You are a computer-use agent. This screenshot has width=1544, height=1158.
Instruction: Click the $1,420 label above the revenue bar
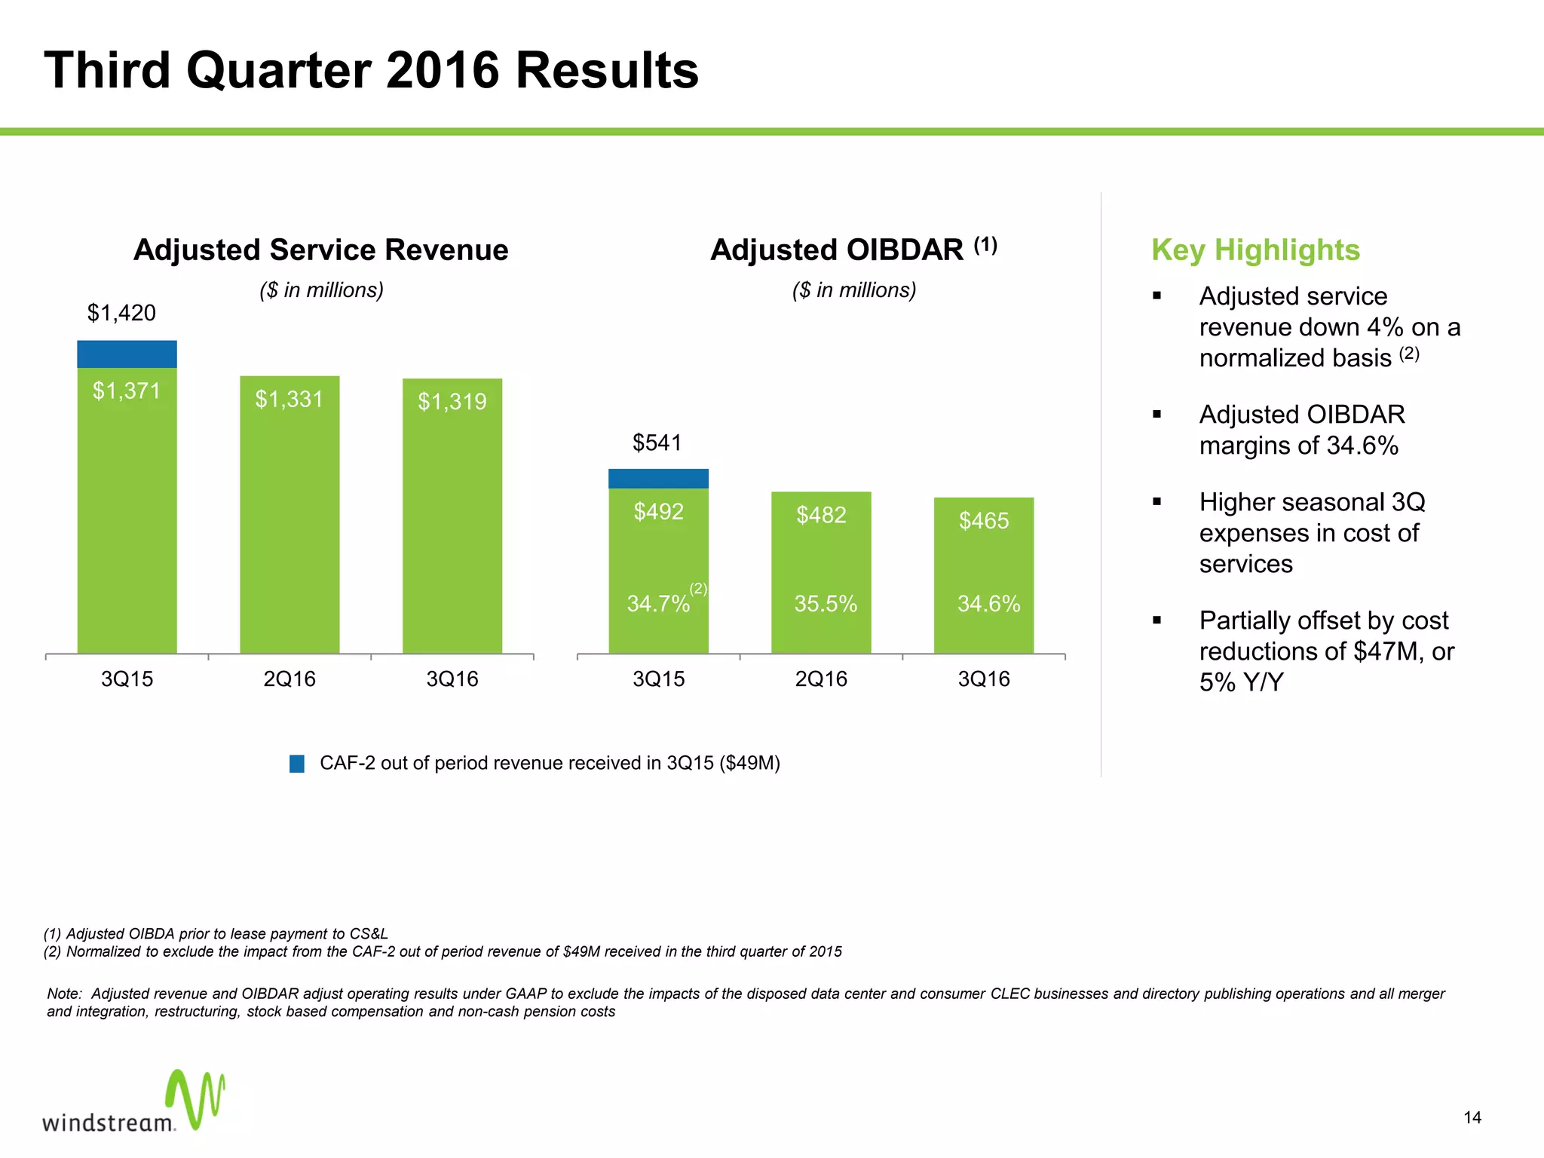(x=121, y=313)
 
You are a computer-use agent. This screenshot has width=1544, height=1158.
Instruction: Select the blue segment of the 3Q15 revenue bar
(x=127, y=354)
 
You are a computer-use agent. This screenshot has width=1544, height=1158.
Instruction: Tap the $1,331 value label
(x=289, y=399)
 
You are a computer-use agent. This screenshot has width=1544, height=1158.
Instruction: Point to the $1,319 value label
(x=452, y=402)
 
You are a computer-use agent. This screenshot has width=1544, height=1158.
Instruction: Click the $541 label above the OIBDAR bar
(x=657, y=443)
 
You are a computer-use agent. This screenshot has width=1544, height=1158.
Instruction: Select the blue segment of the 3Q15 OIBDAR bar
(x=658, y=479)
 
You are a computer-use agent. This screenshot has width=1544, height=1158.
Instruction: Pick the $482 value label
(x=821, y=515)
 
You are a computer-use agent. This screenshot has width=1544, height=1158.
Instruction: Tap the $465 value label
(x=984, y=520)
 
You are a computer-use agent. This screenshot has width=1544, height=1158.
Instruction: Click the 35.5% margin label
(x=826, y=604)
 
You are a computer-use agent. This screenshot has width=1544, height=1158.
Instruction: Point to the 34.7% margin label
(x=658, y=604)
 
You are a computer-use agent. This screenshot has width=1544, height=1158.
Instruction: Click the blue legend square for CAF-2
(x=297, y=764)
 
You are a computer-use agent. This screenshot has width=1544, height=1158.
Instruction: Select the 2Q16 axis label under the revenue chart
(x=289, y=679)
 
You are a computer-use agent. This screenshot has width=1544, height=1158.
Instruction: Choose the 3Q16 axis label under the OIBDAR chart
(x=984, y=679)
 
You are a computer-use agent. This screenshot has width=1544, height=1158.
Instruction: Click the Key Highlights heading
(x=1255, y=250)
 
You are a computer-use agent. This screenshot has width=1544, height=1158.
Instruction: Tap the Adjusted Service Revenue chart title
(x=320, y=250)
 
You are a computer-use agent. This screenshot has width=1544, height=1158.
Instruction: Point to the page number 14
(x=1472, y=1118)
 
